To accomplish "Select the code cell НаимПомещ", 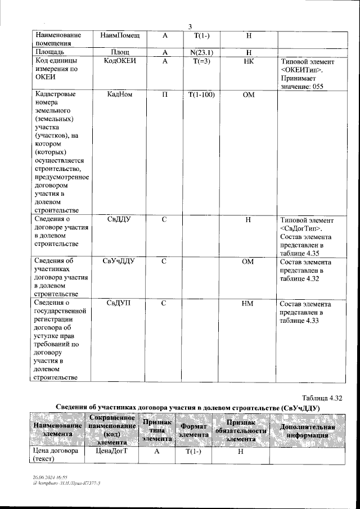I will click(119, 35).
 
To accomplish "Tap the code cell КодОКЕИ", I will click(119, 61).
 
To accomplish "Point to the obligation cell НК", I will click(248, 61).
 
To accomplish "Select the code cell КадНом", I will click(119, 95).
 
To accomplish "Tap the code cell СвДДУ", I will click(119, 219).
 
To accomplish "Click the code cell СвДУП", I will click(119, 304).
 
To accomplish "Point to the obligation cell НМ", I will click(247, 304).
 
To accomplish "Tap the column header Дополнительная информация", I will click(307, 430).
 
